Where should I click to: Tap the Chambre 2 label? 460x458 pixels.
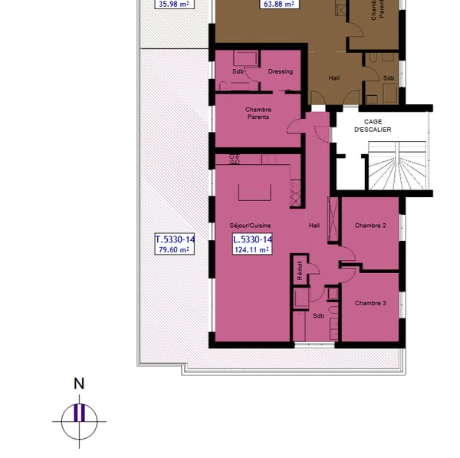click(370, 226)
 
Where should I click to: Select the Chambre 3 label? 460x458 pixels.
click(370, 303)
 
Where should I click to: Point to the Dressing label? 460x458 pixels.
click(280, 71)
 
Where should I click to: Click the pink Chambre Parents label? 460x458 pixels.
click(258, 114)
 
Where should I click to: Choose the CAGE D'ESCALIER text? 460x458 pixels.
click(373, 126)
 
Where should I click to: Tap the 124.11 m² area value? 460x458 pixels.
click(252, 249)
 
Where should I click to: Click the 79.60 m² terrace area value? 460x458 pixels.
click(175, 249)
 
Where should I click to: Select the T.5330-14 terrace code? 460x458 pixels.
click(175, 239)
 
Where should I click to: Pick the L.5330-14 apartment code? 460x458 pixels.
click(252, 239)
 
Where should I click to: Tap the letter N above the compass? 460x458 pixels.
click(78, 384)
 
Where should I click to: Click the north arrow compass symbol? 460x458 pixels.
click(79, 420)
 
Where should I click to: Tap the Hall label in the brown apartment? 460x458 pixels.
click(334, 77)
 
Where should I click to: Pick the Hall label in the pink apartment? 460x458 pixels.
click(314, 226)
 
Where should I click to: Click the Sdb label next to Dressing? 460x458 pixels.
click(237, 71)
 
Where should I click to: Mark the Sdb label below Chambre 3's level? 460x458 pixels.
click(318, 315)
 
